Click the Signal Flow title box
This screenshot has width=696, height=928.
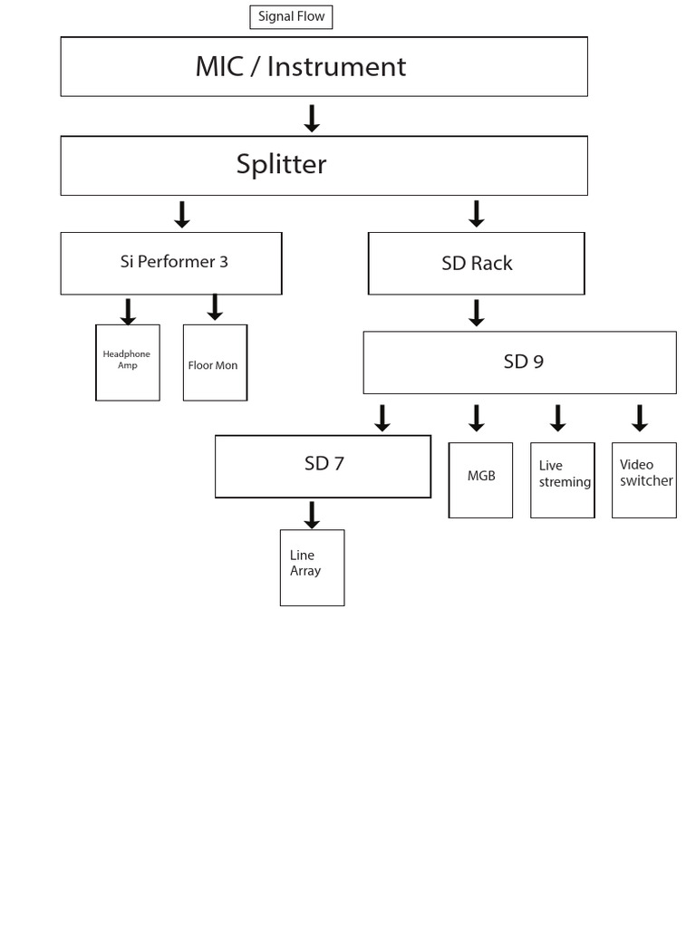click(x=291, y=17)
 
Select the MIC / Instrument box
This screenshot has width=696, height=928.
click(x=324, y=66)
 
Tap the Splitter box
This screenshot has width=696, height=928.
click(x=324, y=165)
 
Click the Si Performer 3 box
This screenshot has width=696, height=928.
click(x=171, y=263)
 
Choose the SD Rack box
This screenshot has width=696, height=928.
click(x=476, y=263)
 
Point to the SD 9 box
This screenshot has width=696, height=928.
click(x=519, y=362)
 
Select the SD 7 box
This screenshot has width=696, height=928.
click(x=323, y=466)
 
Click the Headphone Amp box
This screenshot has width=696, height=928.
click(x=128, y=362)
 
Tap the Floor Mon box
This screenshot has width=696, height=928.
click(x=215, y=362)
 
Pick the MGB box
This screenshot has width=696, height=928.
click(x=480, y=479)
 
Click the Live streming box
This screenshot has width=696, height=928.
click(x=562, y=479)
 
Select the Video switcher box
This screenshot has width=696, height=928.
click(x=643, y=479)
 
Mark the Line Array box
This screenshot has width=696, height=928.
click(x=312, y=567)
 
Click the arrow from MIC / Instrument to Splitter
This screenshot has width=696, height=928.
click(x=312, y=119)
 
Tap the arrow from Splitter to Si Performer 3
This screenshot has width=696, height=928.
click(x=182, y=215)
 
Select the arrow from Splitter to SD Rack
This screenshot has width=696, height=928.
click(x=476, y=215)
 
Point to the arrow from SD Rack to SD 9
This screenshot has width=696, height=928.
click(x=476, y=313)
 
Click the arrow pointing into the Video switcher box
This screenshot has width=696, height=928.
click(x=640, y=418)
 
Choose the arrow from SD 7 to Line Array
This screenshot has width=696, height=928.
click(x=312, y=515)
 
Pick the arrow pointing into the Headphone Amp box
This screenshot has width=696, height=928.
click(x=128, y=311)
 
